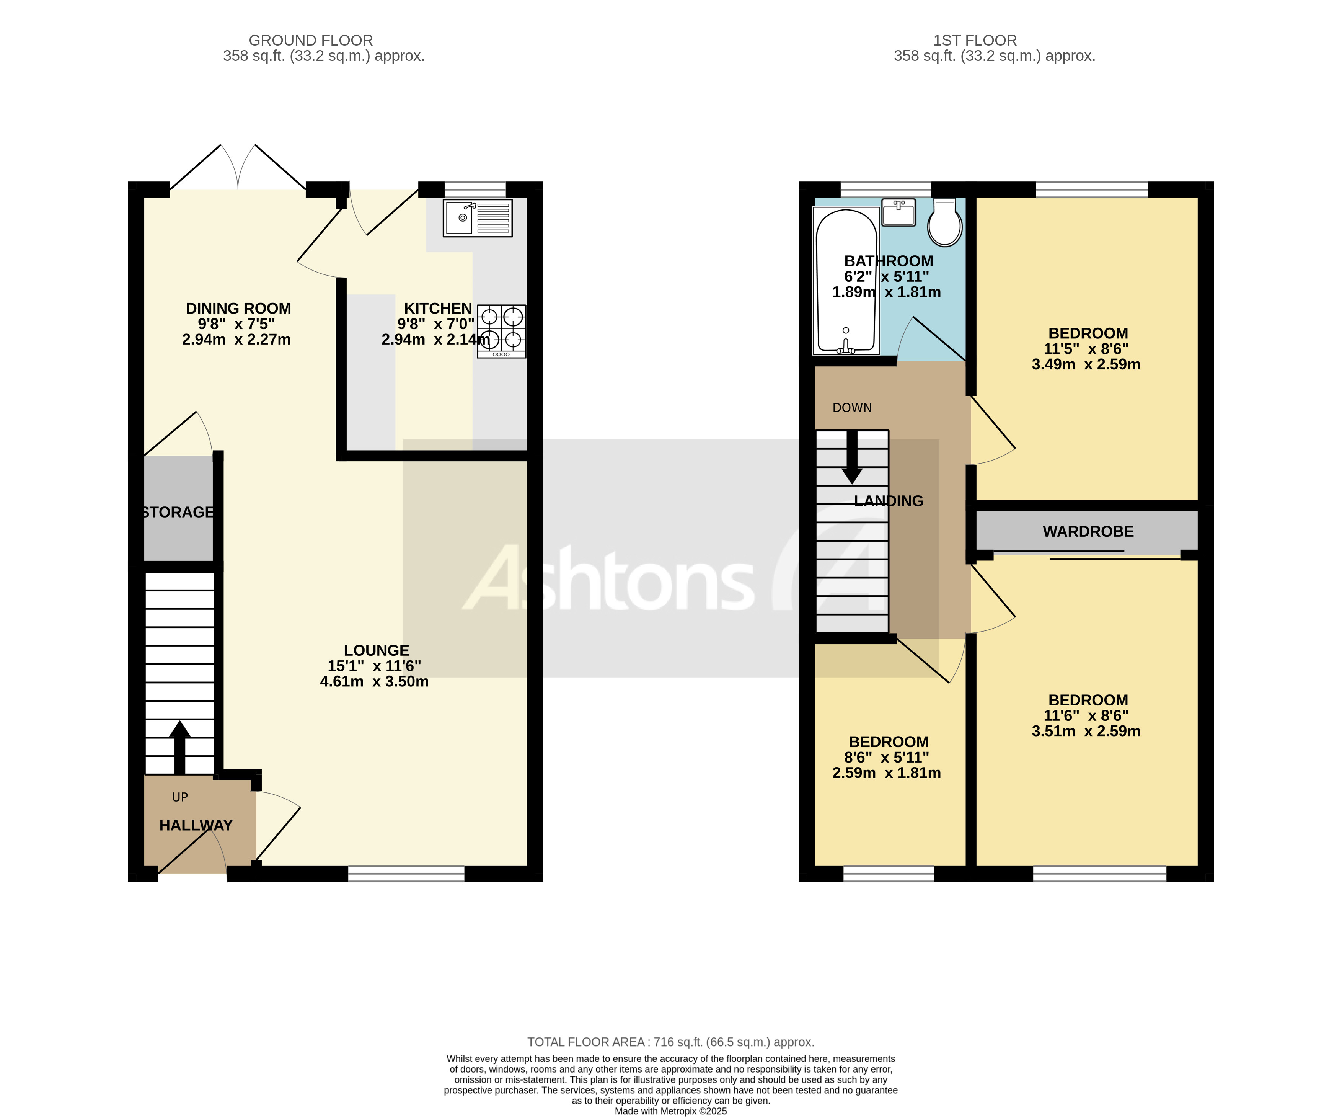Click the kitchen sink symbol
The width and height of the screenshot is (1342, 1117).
coord(477,218)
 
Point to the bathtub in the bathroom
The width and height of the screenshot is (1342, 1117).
coord(845,281)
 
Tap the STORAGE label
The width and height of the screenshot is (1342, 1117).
coord(178,512)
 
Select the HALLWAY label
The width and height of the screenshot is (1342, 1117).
coord(196,825)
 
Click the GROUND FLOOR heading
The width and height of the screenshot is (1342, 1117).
coord(311,40)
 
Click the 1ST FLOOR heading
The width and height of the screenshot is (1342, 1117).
coord(975,40)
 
